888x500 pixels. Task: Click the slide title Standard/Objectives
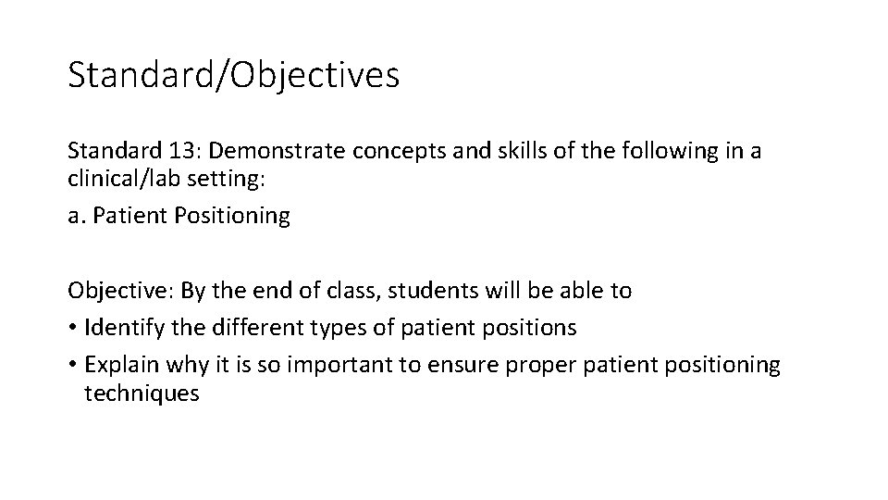click(x=233, y=75)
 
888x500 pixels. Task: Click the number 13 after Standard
click(x=169, y=151)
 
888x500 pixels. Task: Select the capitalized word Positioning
click(x=237, y=217)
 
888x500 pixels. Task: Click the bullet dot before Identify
click(x=72, y=328)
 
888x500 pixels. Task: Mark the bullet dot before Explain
click(x=72, y=365)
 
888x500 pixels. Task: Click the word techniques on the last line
click(x=141, y=393)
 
